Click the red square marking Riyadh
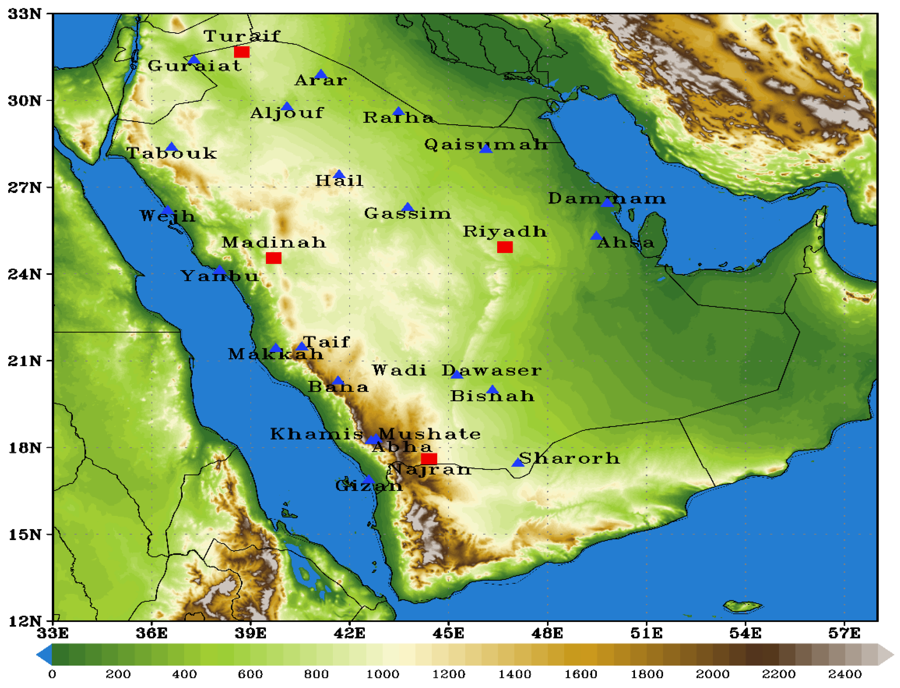pos(504,247)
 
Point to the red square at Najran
pos(429,458)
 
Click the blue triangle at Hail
pos(339,175)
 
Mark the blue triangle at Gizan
pos(368,479)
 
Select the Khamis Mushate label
pos(375,434)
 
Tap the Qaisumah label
pos(486,144)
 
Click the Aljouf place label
pos(287,113)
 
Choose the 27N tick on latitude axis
pos(25,187)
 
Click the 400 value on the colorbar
pos(184,674)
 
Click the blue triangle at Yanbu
pos(220,270)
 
